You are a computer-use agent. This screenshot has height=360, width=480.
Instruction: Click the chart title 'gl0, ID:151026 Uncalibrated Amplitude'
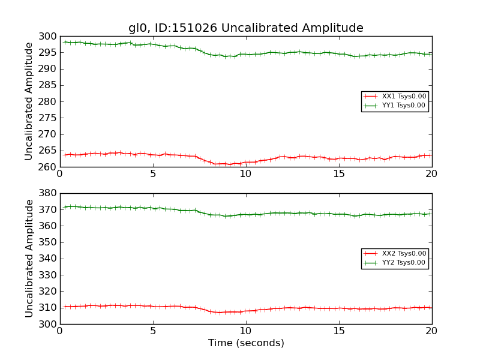click(245, 28)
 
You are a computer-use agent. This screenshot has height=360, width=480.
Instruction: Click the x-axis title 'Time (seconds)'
click(246, 343)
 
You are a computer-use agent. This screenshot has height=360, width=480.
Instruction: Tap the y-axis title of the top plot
click(29, 101)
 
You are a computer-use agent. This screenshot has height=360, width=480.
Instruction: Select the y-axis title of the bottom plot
click(29, 259)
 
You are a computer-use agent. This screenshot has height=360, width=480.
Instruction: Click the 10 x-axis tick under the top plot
click(245, 174)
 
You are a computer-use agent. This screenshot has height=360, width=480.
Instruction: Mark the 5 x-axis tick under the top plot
click(152, 174)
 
